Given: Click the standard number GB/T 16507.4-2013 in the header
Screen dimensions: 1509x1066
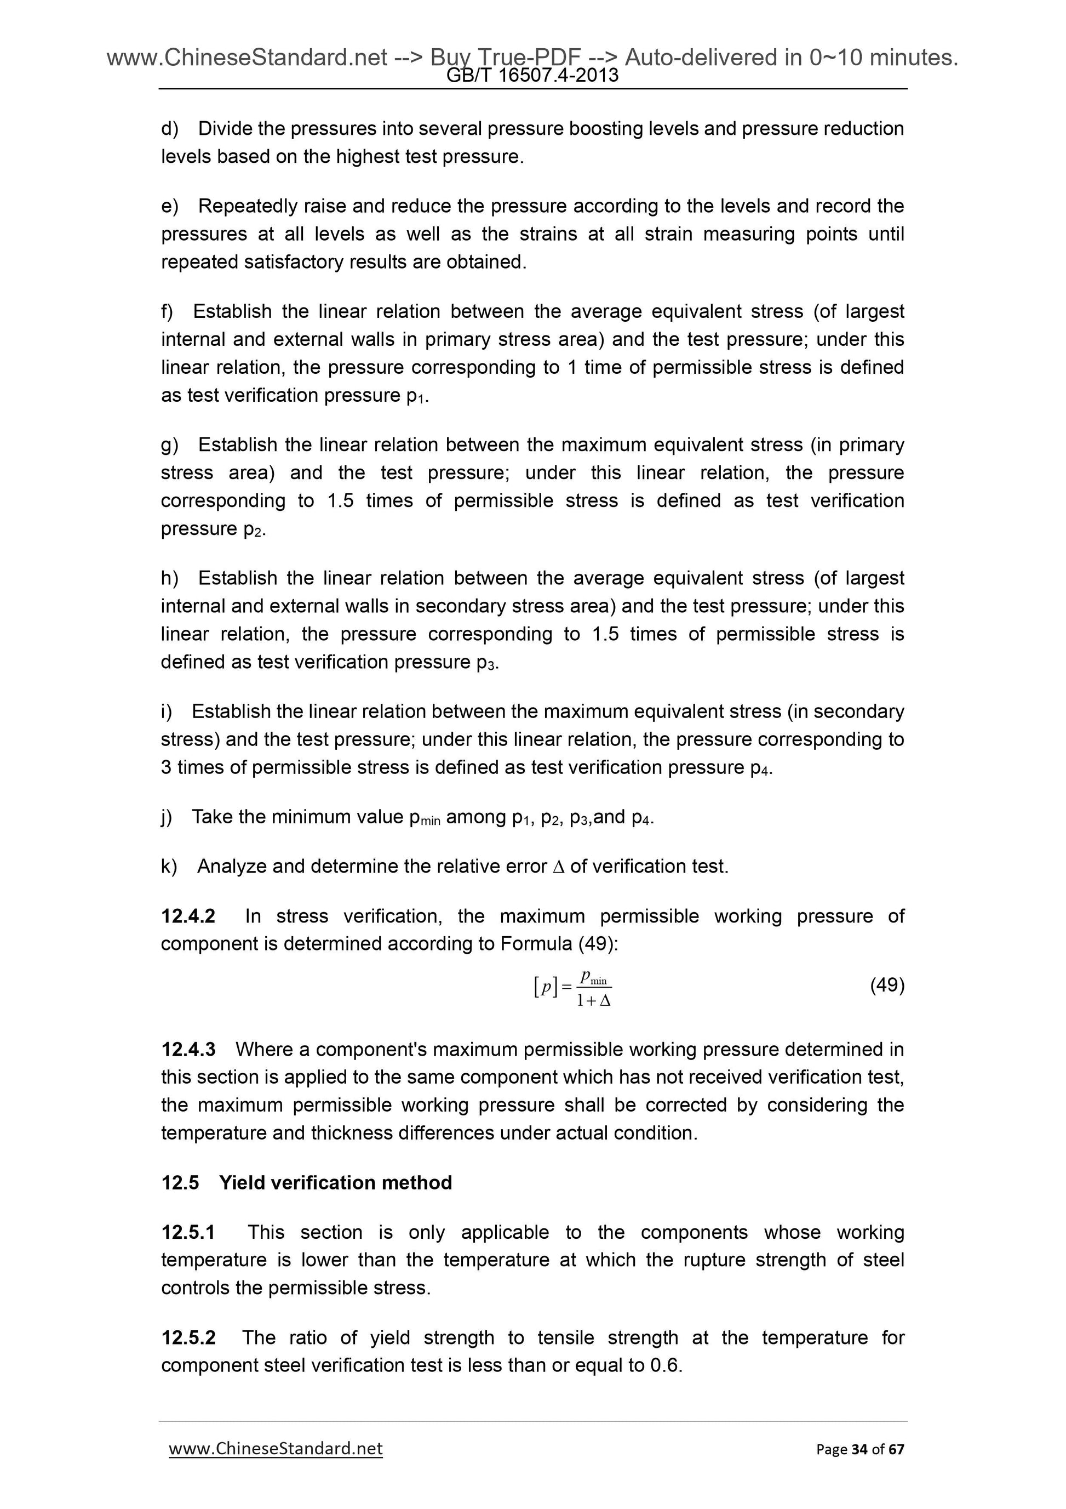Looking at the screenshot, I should (x=532, y=76).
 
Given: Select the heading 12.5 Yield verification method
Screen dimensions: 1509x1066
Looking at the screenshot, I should (x=307, y=1182).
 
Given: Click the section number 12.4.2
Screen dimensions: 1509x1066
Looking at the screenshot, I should (x=188, y=915).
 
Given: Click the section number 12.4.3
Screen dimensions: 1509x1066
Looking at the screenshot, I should (x=188, y=1049).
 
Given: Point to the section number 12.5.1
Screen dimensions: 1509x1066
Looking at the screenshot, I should (x=188, y=1232).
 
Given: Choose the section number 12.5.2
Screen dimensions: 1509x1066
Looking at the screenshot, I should (x=188, y=1337).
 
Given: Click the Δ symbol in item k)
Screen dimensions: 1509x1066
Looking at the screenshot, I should (x=558, y=867).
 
